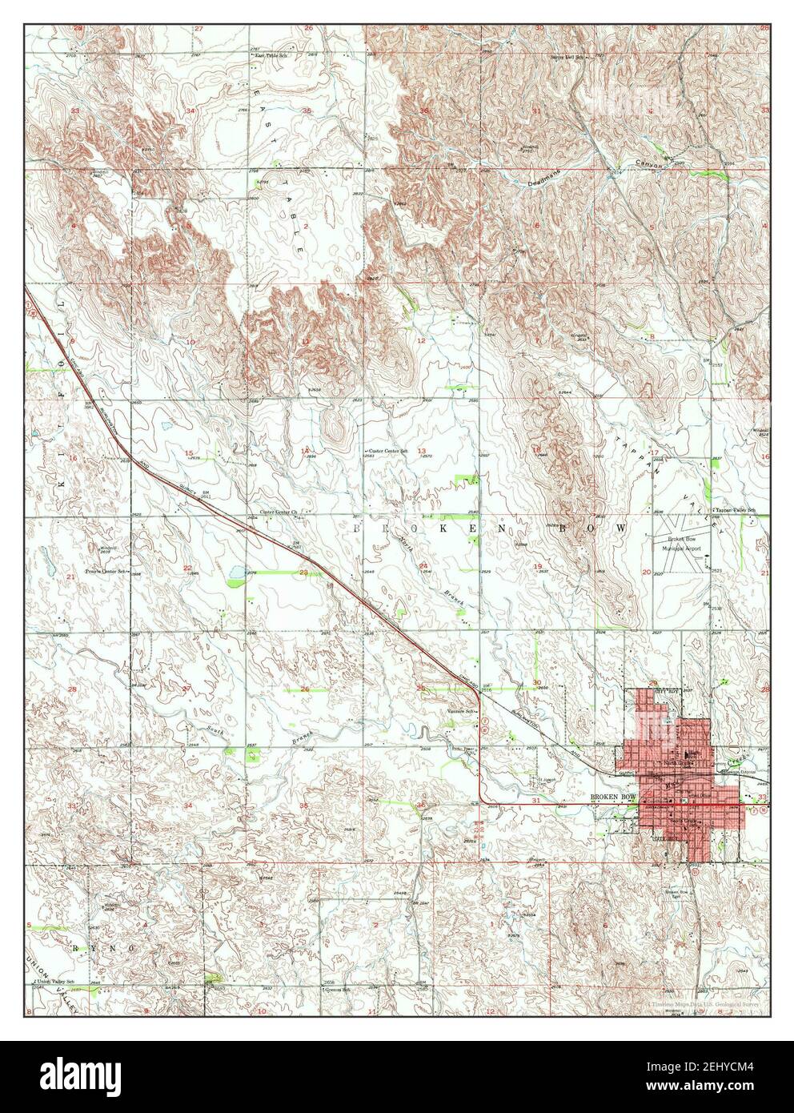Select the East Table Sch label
coord(270,56)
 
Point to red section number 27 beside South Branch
coord(187,689)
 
